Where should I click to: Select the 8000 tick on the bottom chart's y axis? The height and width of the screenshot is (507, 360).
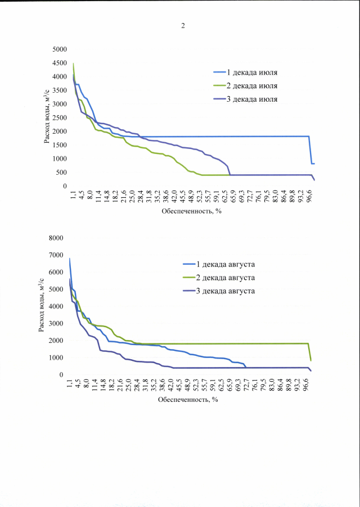pyautogui.click(x=56, y=238)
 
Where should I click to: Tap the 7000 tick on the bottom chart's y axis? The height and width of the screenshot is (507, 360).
pyautogui.click(x=56, y=255)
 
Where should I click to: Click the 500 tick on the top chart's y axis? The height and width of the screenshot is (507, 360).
pyautogui.click(x=61, y=173)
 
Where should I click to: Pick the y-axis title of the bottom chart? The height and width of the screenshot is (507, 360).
pyautogui.click(x=42, y=306)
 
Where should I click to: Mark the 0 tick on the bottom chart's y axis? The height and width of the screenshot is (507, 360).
pyautogui.click(x=62, y=375)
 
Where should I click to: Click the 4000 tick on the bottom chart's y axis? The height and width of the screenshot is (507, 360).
pyautogui.click(x=56, y=306)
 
